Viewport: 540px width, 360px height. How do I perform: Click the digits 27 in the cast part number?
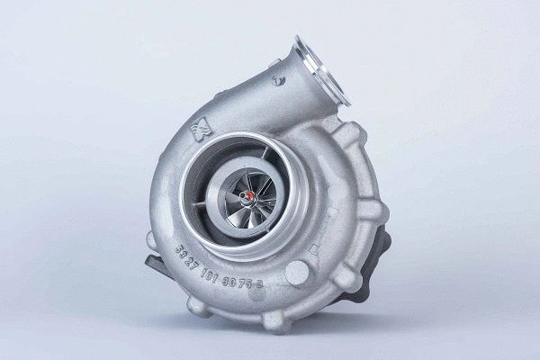click(200, 257)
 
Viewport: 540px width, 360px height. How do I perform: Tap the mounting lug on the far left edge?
click(154, 240)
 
